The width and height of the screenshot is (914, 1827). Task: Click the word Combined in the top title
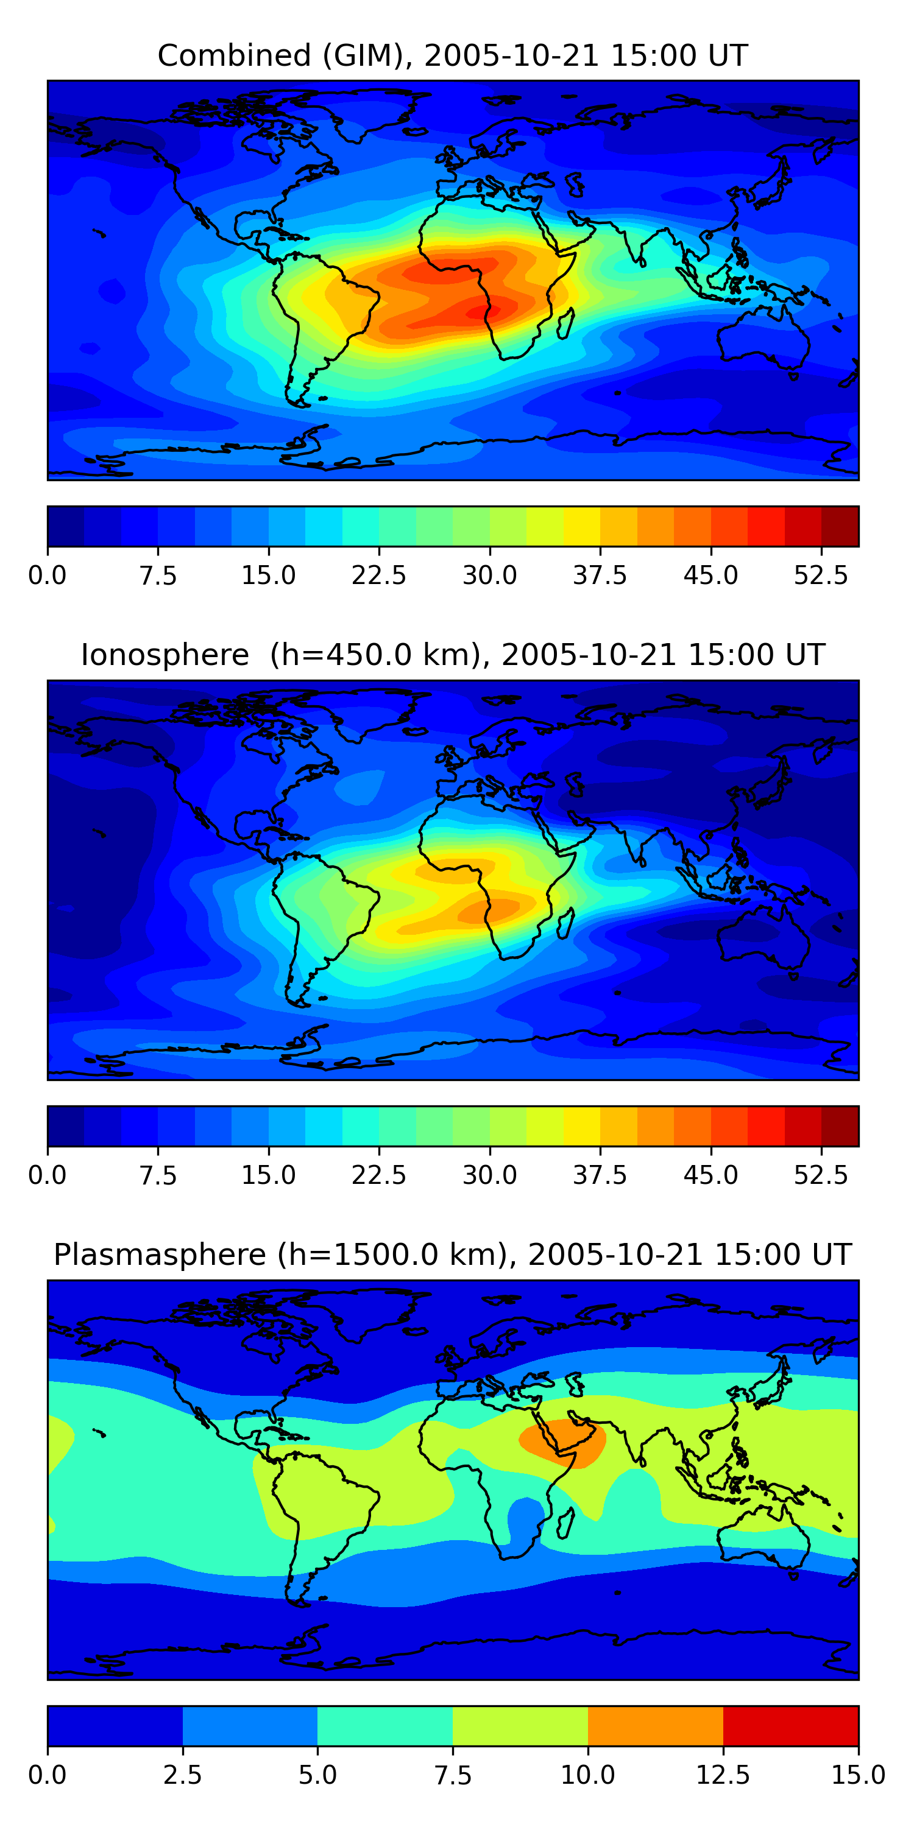pos(234,55)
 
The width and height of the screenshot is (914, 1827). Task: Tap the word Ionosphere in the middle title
pos(165,655)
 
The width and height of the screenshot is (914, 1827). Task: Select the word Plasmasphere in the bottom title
pos(160,1255)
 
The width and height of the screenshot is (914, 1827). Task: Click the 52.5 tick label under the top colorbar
pos(820,575)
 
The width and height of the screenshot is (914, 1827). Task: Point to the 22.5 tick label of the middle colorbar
pos(378,1175)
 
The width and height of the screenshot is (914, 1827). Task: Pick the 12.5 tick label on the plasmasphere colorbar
pos(723,1775)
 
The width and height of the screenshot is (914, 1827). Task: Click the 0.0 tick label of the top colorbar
pos(48,575)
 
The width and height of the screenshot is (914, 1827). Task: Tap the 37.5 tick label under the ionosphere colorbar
pos(600,1175)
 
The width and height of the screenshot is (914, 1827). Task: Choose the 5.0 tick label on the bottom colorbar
pos(317,1775)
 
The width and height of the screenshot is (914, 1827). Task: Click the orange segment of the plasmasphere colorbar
pos(655,1725)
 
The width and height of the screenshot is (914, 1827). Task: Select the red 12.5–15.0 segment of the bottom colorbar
pos(790,1725)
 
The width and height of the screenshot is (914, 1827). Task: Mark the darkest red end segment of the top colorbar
pos(840,526)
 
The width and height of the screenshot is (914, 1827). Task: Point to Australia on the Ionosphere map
pos(763,936)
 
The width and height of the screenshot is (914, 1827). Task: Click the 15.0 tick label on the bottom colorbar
pos(858,1775)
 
